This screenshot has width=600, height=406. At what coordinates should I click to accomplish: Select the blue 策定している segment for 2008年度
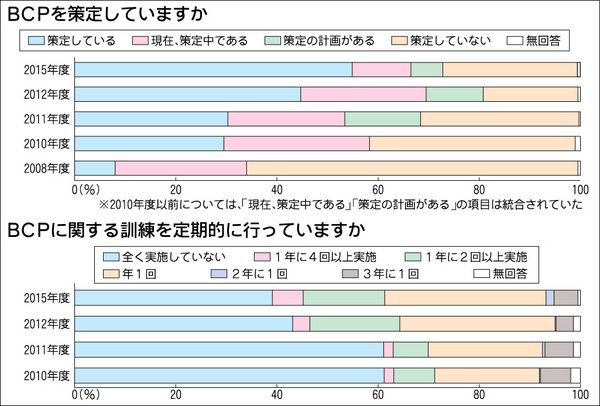point(95,167)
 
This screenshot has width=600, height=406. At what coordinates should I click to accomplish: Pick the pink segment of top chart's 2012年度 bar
point(363,94)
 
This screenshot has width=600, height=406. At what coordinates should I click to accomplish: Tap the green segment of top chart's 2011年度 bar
point(382,118)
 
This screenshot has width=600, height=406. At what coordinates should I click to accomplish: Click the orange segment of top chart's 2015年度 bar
point(509,69)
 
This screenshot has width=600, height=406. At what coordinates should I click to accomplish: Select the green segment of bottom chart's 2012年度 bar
point(354,323)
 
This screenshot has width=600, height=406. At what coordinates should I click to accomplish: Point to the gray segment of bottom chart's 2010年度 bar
point(555,375)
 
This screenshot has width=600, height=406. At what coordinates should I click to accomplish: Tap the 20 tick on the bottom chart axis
point(176,392)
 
